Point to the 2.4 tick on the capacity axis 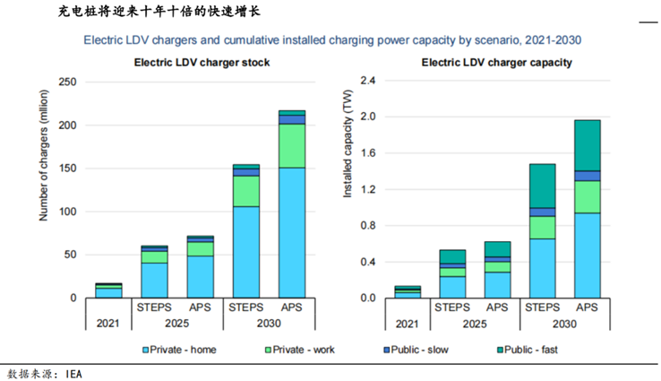tap(365, 81)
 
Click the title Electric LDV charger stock tap(202, 63)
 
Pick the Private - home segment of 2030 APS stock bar tap(292, 232)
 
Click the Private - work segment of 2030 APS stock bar tap(292, 145)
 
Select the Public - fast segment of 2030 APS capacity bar tap(587, 144)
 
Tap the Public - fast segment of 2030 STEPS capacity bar tap(542, 186)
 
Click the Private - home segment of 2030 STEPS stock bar tap(246, 252)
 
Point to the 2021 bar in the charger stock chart tap(108, 290)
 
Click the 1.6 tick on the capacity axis tap(365, 153)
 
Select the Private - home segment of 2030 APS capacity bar tap(587, 255)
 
